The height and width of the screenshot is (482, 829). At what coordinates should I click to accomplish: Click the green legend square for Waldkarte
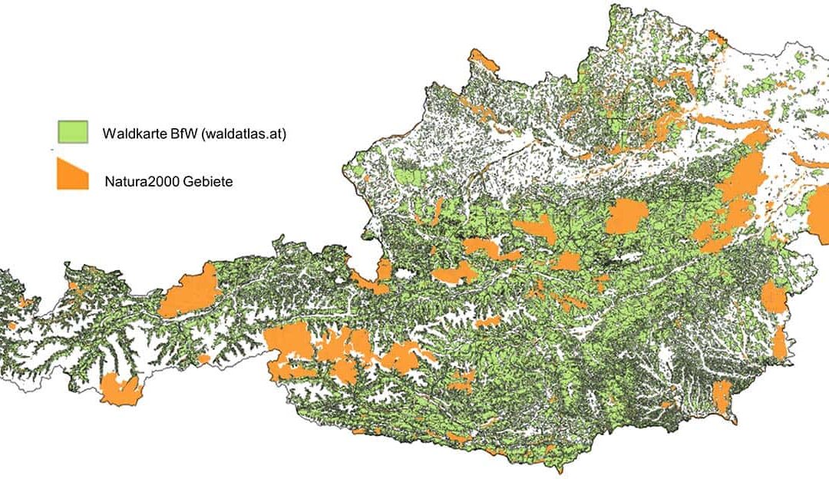73,131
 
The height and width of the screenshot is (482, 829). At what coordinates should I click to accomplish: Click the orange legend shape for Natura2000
73,174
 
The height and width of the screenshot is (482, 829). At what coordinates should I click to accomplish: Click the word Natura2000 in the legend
137,182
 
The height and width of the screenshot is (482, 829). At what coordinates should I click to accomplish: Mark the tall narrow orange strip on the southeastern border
780,342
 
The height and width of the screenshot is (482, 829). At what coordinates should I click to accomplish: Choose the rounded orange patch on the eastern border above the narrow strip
774,296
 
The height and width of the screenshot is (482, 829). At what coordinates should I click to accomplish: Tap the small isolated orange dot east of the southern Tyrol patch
203,358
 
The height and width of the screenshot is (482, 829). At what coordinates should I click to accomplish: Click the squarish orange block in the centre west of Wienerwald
626,217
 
